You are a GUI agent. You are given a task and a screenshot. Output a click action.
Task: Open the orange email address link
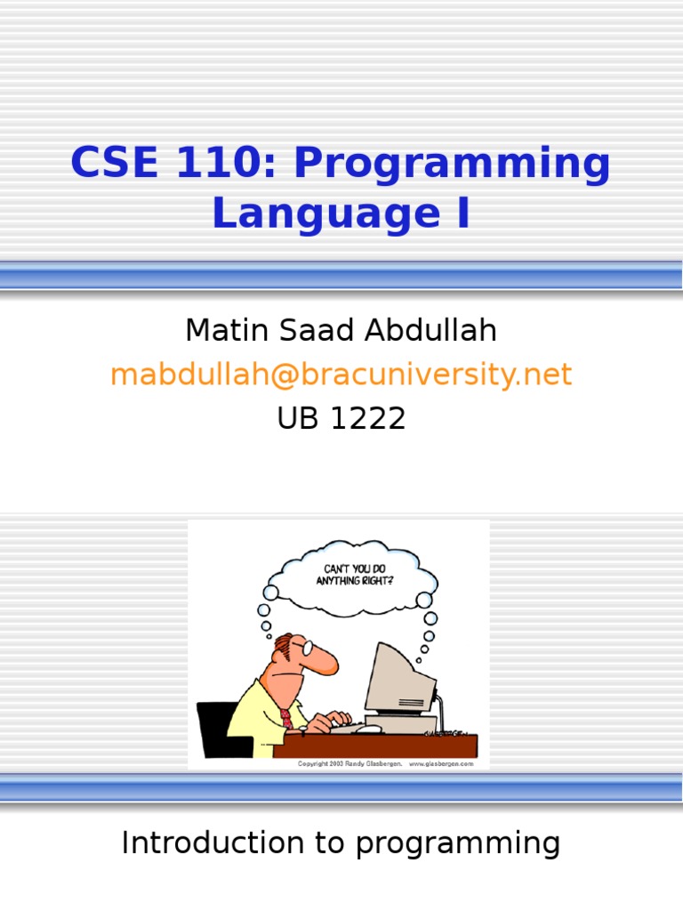click(x=341, y=375)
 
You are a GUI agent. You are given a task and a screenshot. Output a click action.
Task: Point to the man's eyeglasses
click(x=305, y=648)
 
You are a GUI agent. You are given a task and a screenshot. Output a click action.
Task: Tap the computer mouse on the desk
click(x=373, y=727)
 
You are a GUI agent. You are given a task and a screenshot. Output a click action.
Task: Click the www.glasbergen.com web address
click(x=442, y=763)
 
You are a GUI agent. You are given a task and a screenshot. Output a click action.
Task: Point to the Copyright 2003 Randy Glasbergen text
click(x=348, y=763)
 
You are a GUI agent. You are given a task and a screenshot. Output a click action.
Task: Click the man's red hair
click(x=282, y=642)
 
